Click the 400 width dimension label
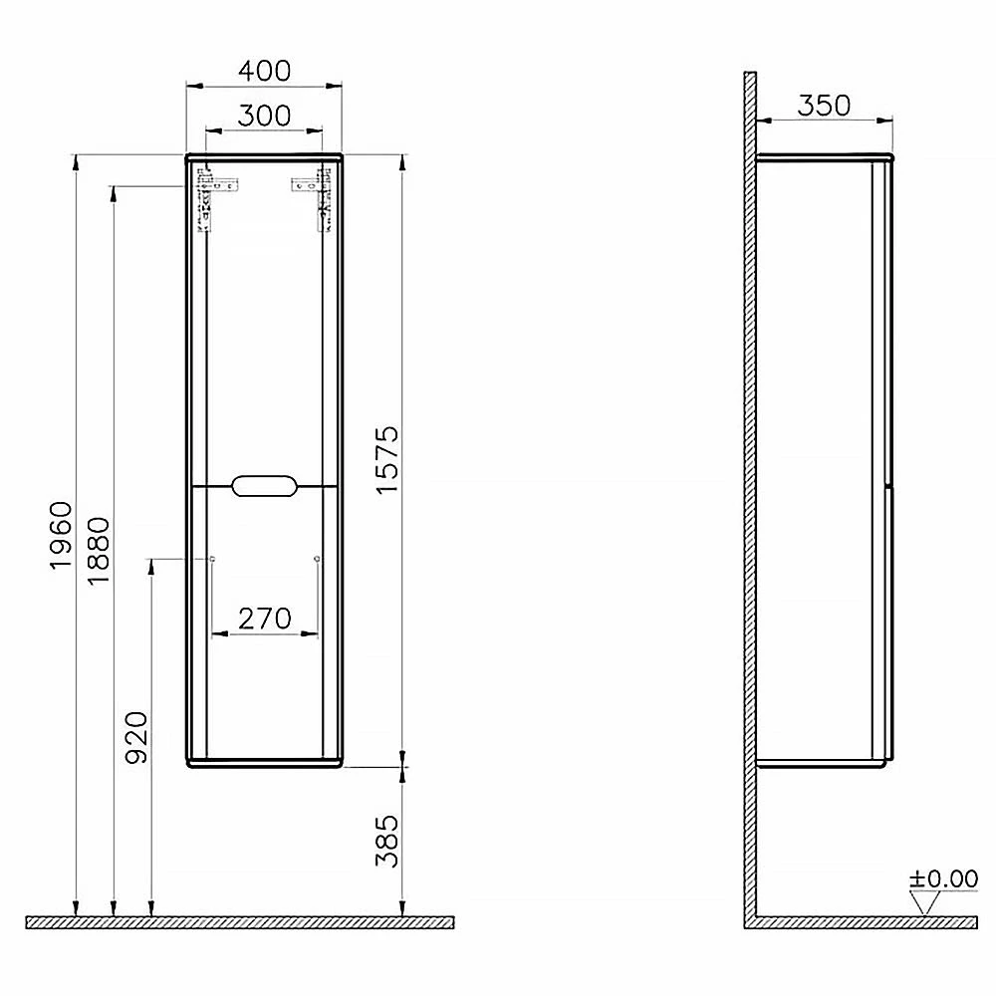tap(264, 71)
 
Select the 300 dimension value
tap(264, 116)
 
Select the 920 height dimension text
tap(136, 737)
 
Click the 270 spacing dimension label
tap(264, 619)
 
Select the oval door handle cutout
tap(264, 486)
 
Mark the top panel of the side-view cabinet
tap(825, 156)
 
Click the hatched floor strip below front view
tap(239, 922)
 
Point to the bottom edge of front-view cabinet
tap(264, 765)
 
